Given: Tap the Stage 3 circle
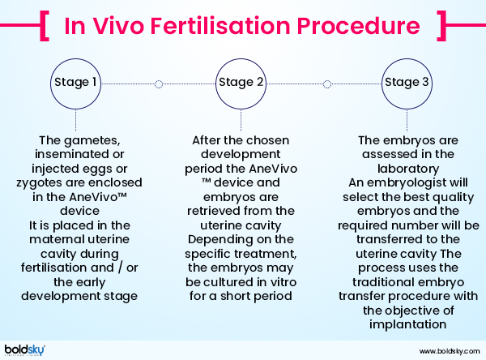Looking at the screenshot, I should coord(407,83).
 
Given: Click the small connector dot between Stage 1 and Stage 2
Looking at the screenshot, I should coord(158,83).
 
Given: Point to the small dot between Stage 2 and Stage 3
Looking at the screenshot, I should coord(327,83).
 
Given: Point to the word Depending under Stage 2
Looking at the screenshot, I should coord(215,242).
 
